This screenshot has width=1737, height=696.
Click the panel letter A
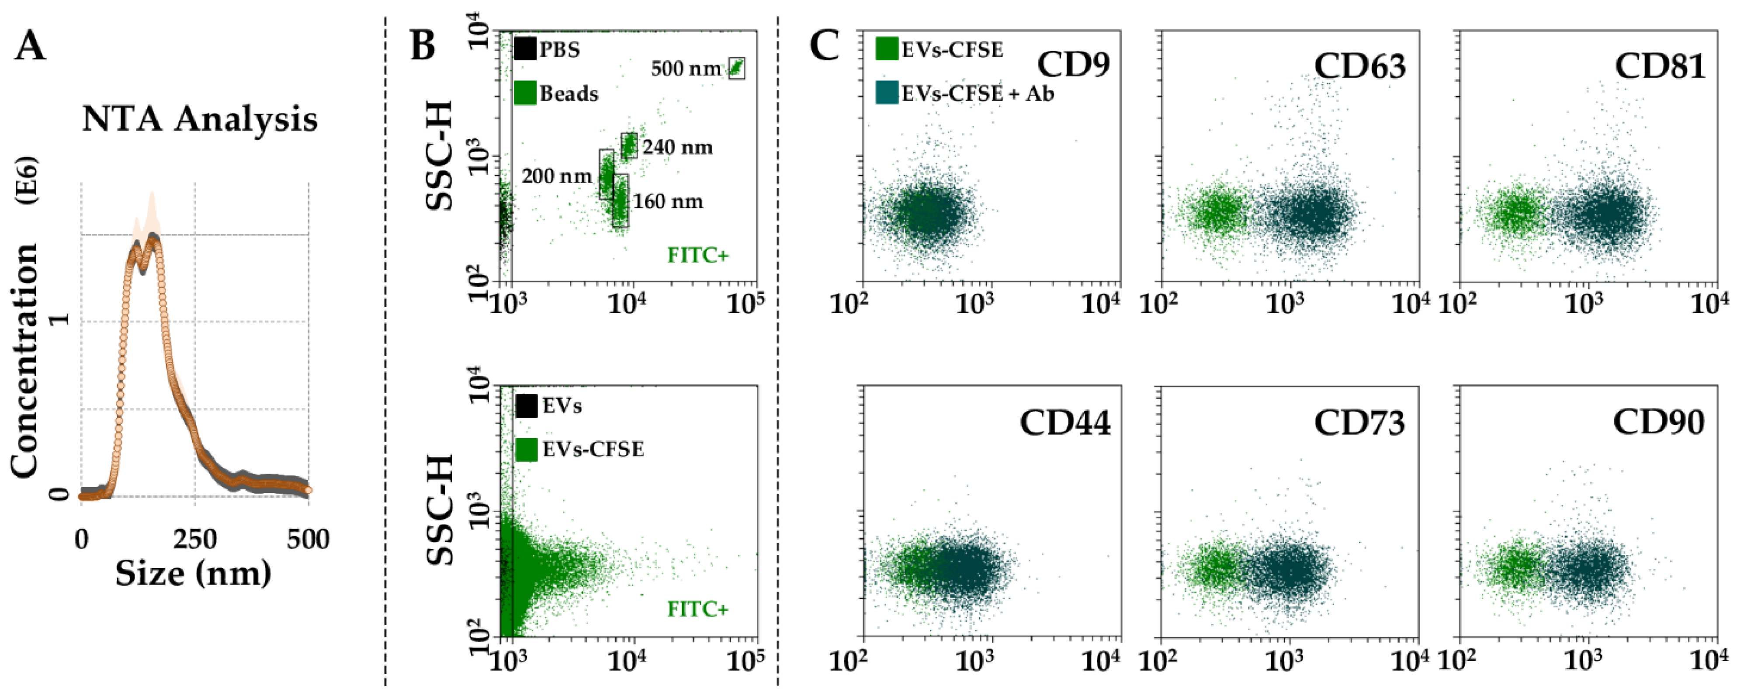coord(30,47)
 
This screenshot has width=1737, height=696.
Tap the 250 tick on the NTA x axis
coord(195,540)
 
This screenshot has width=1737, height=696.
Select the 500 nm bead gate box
coord(736,68)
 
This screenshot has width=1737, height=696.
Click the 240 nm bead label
coord(677,147)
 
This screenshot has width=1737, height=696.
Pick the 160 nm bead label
coord(668,201)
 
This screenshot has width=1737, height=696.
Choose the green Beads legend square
coord(525,93)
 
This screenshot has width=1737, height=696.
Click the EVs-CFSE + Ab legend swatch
coord(887,93)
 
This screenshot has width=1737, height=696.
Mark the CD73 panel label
coord(1359,423)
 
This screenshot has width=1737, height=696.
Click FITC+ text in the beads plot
coord(698,255)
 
